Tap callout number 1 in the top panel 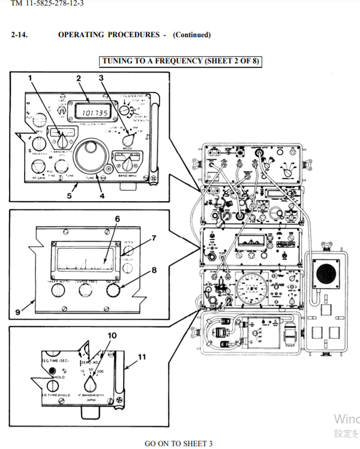click(31, 78)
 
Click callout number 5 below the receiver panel click(69, 196)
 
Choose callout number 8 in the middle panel click(154, 270)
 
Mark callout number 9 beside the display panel click(18, 312)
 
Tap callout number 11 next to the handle click(142, 357)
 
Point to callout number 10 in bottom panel click(111, 336)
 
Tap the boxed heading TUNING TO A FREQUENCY click(181, 61)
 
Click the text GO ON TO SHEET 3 click(178, 444)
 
